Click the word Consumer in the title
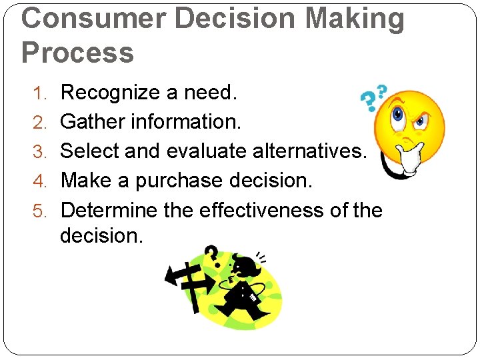point(93,18)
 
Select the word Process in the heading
point(77,52)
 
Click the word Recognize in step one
point(110,93)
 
